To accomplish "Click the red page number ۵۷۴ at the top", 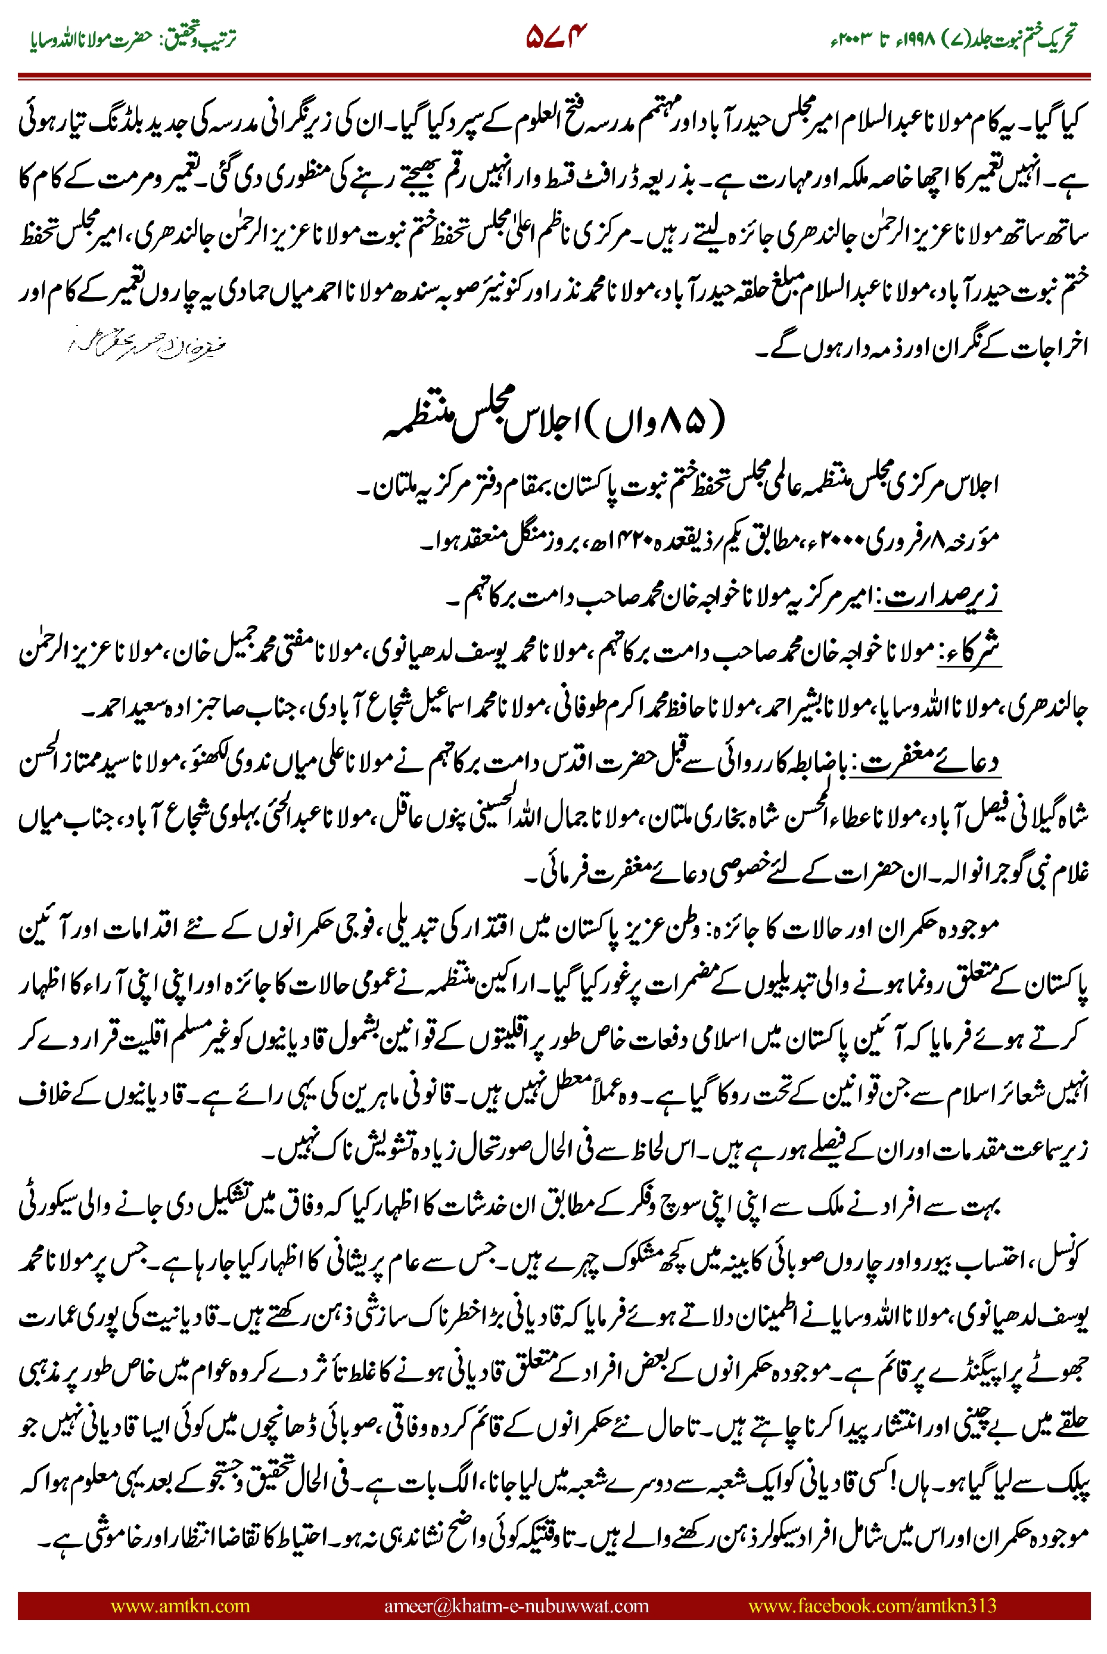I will (556, 36).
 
